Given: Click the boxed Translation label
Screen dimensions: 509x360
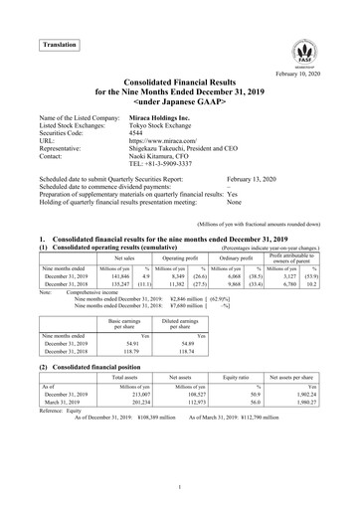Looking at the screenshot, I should (58, 46).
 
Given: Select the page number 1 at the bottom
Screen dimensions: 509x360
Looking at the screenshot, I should (179, 485).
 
